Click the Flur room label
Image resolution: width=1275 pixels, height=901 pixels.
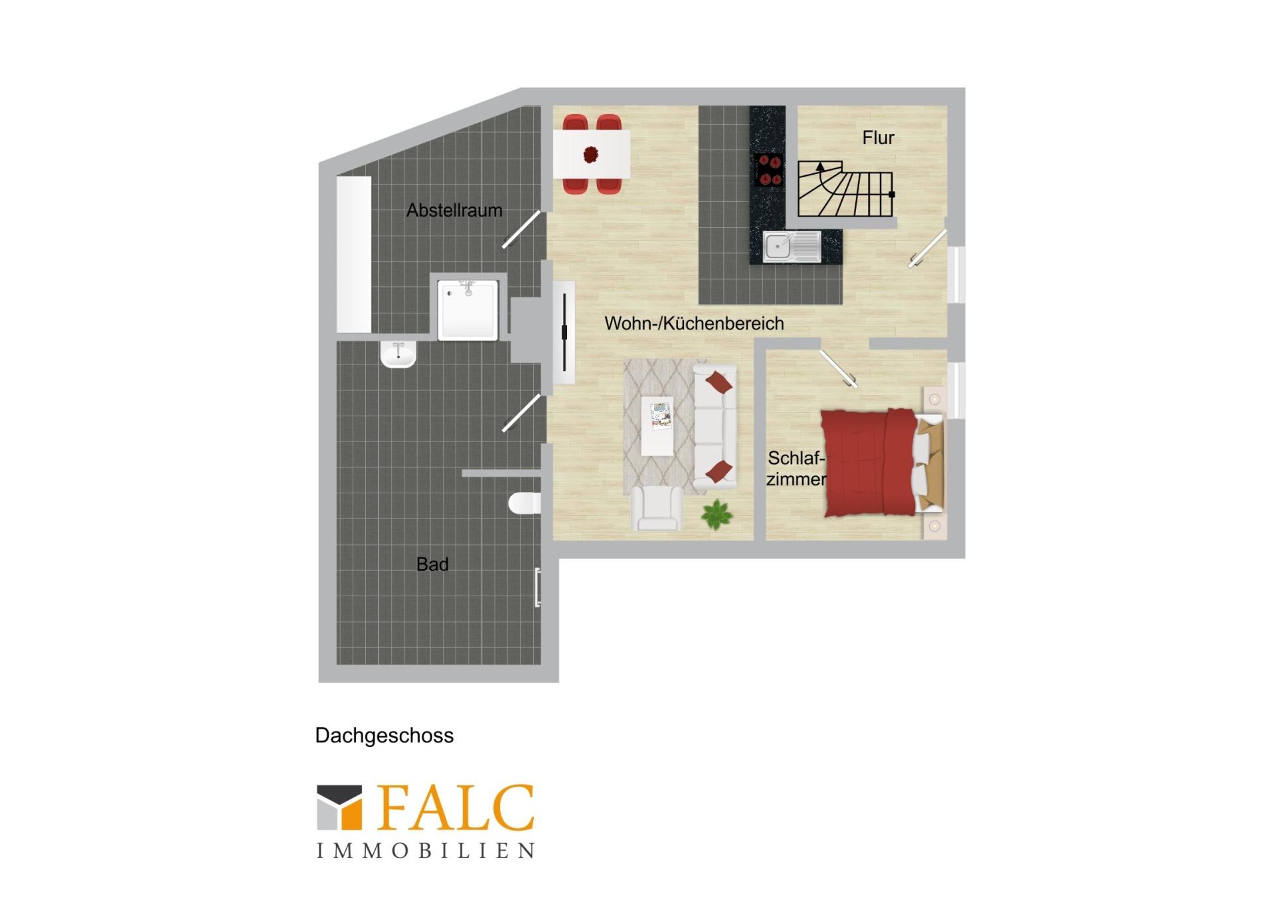pyautogui.click(x=878, y=137)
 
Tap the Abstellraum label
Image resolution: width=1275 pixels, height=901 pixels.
pyautogui.click(x=454, y=210)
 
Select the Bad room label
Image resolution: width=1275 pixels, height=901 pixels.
pyautogui.click(x=432, y=564)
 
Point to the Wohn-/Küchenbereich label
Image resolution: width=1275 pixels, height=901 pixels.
pyautogui.click(x=694, y=323)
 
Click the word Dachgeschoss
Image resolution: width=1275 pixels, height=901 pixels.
pyautogui.click(x=384, y=736)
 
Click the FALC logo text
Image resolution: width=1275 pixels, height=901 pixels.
pyautogui.click(x=456, y=807)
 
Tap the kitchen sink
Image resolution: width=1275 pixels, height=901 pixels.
pyautogui.click(x=792, y=246)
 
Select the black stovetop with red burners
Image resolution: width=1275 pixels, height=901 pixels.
pyautogui.click(x=769, y=169)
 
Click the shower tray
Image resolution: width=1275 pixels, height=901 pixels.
pyautogui.click(x=467, y=310)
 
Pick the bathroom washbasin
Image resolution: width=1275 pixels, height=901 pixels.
pyautogui.click(x=398, y=354)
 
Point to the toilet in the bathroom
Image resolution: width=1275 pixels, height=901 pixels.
pyautogui.click(x=525, y=503)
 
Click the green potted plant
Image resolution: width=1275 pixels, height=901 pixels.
pyautogui.click(x=717, y=515)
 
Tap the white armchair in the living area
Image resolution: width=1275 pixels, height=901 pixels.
pyautogui.click(x=657, y=508)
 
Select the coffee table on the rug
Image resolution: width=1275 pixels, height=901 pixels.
pyautogui.click(x=657, y=426)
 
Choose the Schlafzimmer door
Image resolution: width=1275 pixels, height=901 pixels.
pyautogui.click(x=839, y=368)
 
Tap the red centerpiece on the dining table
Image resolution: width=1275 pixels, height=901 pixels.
pyautogui.click(x=590, y=155)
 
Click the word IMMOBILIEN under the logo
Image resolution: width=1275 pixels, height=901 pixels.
pyautogui.click(x=426, y=851)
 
